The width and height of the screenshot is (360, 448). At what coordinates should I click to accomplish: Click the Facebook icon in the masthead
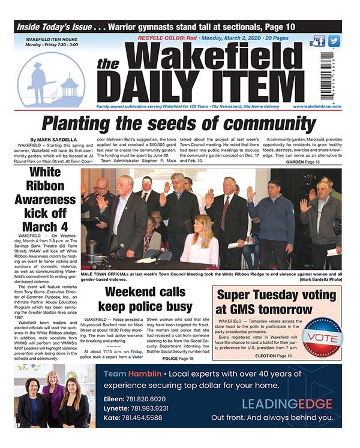pos(319,41)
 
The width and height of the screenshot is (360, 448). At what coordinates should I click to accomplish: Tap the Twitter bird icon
pos(334,41)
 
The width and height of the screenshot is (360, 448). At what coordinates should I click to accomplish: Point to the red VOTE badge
pos(323,336)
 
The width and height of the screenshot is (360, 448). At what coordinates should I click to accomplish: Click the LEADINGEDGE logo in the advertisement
pos(287,402)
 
